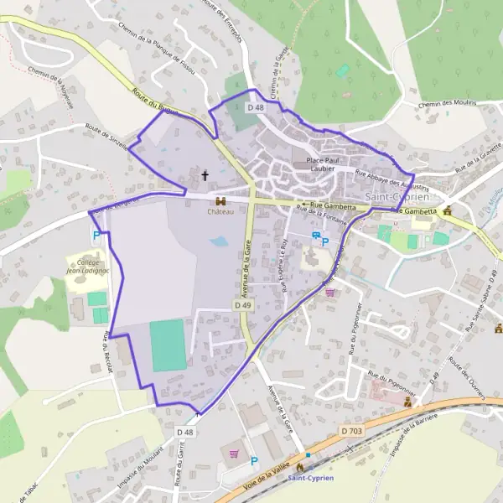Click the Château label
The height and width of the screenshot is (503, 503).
220,212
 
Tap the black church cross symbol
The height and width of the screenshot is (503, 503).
205,176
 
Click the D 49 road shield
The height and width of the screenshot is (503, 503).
243,306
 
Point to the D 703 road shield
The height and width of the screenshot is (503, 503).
352,430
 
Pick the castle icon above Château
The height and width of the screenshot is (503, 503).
221,201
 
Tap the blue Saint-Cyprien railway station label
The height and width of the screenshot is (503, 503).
310,478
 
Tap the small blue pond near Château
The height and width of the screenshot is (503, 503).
219,241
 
